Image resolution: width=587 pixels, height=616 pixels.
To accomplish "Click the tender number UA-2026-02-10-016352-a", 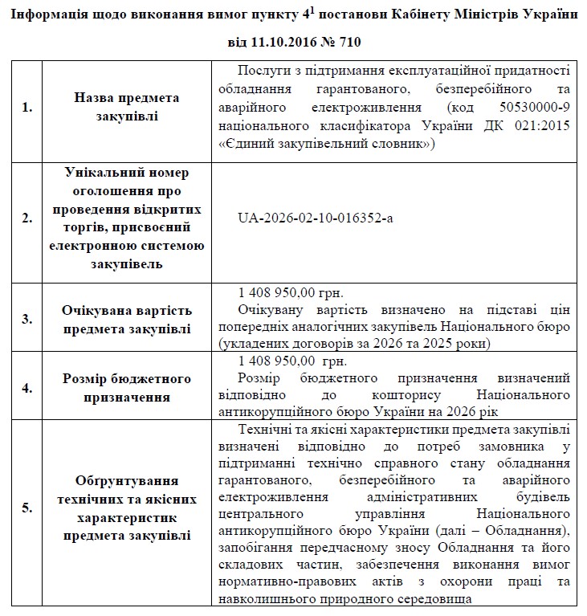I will click(x=316, y=218).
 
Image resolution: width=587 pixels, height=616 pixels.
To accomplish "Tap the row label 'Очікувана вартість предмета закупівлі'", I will click(x=126, y=318).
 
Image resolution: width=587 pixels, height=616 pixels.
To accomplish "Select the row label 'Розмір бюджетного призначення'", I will click(x=126, y=387).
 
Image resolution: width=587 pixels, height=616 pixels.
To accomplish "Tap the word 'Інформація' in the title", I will click(x=51, y=14).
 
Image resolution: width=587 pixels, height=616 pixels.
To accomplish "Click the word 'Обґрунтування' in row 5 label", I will click(x=126, y=480).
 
